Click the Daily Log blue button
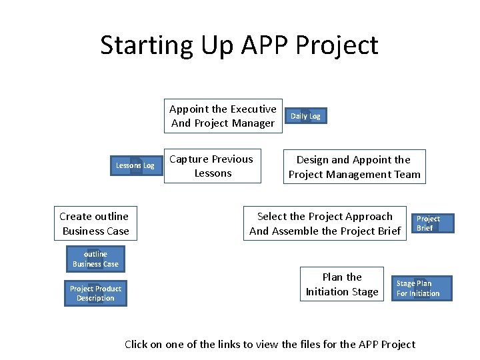305,116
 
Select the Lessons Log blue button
135,165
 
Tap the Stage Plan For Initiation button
423,289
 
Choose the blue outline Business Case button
95,259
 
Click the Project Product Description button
95,293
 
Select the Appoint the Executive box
223,116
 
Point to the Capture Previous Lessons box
213,166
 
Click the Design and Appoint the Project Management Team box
354,167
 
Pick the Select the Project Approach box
325,223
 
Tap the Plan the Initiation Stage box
341,285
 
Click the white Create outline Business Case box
95,223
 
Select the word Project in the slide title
336,45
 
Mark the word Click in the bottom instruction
137,344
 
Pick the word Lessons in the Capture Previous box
213,173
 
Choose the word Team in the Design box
407,175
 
